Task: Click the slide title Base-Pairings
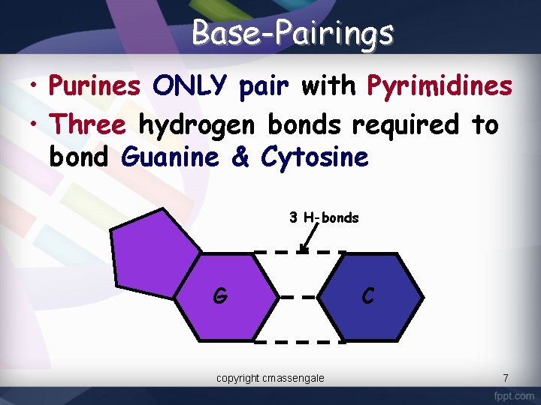[292, 33]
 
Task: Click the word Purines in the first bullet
[94, 87]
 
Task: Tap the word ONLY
[189, 87]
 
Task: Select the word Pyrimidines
[440, 87]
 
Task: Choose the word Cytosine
[315, 157]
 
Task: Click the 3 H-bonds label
[324, 218]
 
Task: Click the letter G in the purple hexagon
[219, 296]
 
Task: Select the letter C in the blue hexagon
[367, 296]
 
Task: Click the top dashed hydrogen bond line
[299, 251]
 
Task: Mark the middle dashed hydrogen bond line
[300, 296]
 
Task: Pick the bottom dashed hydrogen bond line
[299, 341]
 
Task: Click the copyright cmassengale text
[270, 378]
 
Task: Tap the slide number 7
[506, 378]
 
